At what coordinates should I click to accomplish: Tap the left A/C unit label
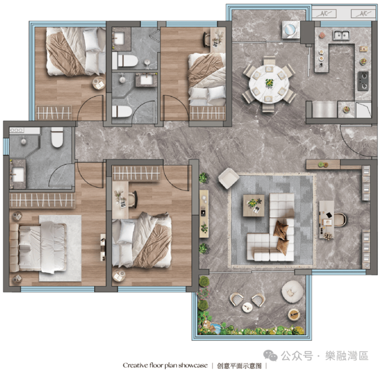[x=324, y=13]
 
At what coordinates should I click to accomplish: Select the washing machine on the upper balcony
[x=291, y=29]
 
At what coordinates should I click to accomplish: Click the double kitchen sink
[x=341, y=34]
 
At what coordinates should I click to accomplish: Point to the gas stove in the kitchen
[x=363, y=81]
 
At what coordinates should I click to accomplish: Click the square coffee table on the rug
[x=254, y=205]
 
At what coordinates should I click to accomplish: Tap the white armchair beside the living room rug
[x=229, y=178]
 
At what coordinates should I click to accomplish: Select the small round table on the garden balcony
[x=247, y=307]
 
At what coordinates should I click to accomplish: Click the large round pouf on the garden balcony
[x=292, y=292]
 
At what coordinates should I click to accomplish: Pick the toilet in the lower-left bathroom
[x=57, y=137]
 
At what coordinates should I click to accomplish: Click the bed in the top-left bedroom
[x=76, y=51]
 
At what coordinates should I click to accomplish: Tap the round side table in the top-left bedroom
[x=99, y=83]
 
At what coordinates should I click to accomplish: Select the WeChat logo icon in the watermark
[x=270, y=356]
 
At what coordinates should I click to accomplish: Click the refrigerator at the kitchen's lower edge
[x=324, y=110]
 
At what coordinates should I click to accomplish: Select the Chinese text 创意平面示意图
[x=239, y=365]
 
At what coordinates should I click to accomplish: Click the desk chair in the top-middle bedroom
[x=206, y=39]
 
